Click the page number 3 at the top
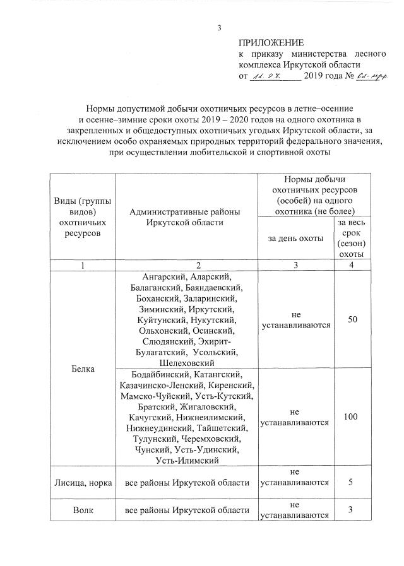219,28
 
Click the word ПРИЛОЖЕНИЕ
271,43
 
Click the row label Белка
82,368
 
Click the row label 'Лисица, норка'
82,483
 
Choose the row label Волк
82,509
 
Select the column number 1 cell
82,266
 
